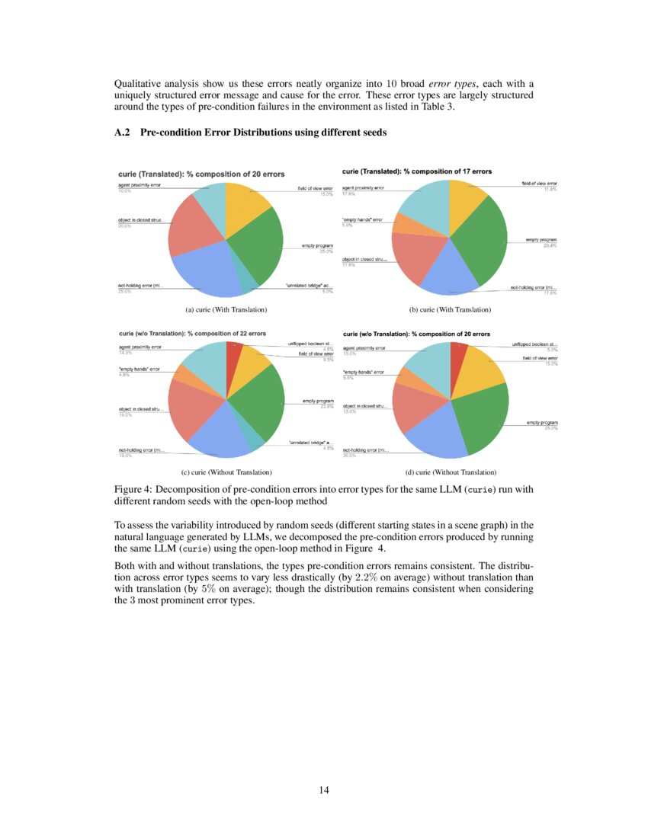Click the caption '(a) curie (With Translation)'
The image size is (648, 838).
click(x=226, y=310)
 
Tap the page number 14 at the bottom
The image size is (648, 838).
click(x=324, y=790)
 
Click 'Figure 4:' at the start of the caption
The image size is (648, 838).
click(x=133, y=489)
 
